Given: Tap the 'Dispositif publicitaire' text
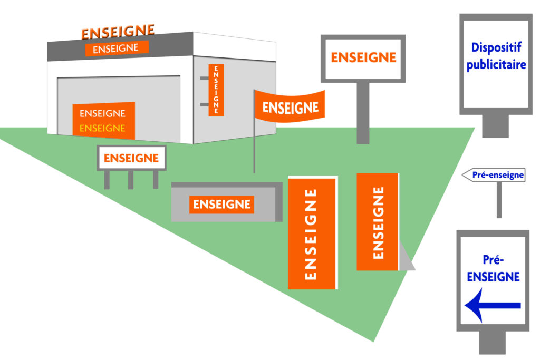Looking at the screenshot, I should (x=496, y=56).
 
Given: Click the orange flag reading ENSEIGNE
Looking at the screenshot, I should (x=290, y=107).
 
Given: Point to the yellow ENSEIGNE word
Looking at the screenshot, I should (x=102, y=128).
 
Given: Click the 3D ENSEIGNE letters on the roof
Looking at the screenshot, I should (x=118, y=32).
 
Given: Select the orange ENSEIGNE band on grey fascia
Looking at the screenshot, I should (x=116, y=48).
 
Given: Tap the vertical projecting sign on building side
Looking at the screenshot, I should (x=216, y=90).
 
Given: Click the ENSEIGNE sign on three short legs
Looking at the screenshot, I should (x=131, y=158).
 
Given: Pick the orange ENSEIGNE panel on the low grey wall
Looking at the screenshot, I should (x=221, y=204).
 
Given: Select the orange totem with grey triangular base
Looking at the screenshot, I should (x=377, y=222).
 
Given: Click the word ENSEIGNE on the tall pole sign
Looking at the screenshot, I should (x=363, y=57).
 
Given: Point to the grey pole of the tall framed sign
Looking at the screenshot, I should (x=363, y=113).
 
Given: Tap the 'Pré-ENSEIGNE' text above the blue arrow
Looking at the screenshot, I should (x=493, y=268).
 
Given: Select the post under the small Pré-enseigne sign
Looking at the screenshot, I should (x=499, y=200).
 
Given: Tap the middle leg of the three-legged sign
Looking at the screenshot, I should (x=131, y=180).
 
